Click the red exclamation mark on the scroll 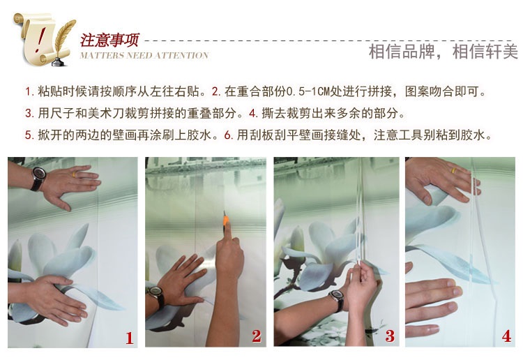(40, 40)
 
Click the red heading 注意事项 (109, 40)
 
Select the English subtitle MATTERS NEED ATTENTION (144, 55)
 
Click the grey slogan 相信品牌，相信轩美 (444, 52)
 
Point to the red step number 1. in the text (30, 91)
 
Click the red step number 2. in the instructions (216, 91)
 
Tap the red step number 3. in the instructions (30, 114)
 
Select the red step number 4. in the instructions (254, 114)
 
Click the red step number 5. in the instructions (30, 135)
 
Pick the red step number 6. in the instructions (229, 135)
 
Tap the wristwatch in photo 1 (38, 178)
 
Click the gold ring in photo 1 (74, 174)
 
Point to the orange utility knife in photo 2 (226, 223)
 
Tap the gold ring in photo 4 (454, 171)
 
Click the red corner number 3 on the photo (390, 336)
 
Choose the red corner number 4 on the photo (507, 336)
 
